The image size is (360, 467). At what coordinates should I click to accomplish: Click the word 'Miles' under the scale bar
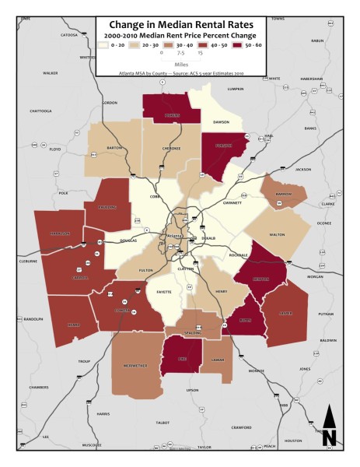180,65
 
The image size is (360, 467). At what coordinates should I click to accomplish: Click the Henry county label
220,292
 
